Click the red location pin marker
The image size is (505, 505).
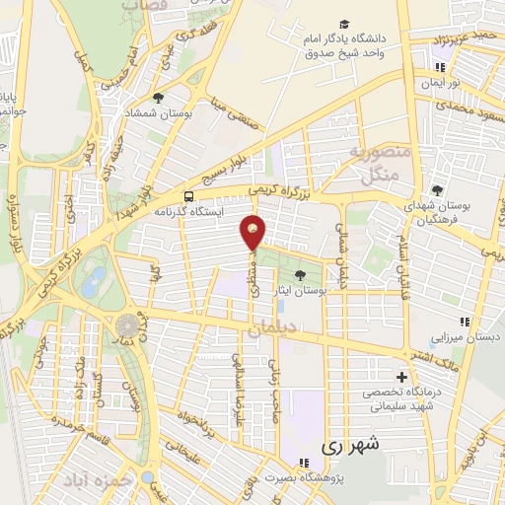pos(253,232)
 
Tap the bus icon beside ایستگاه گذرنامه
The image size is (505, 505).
pos(188,195)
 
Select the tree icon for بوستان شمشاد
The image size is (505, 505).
pos(158,98)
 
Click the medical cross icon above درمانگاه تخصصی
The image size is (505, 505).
pos(401,376)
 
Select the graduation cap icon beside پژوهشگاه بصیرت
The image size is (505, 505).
pos(303,462)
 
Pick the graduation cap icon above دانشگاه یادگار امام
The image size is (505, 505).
pos(344,25)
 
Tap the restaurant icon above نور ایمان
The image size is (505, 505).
pos(441,67)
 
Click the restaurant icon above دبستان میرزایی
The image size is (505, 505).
pos(465,322)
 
